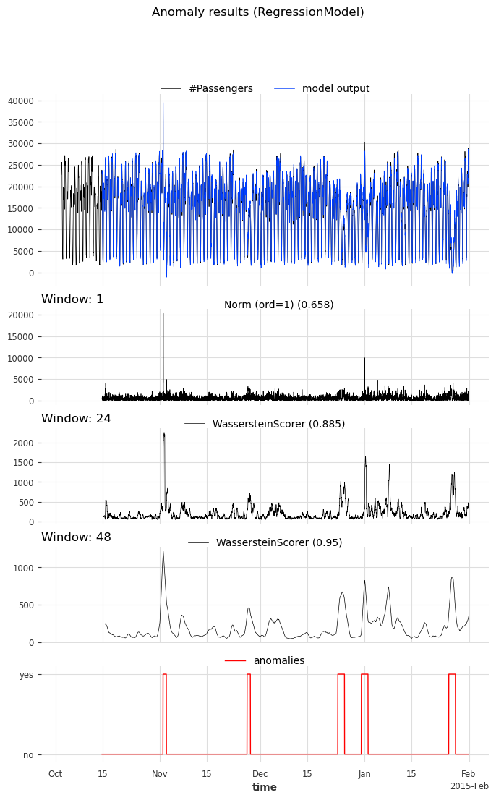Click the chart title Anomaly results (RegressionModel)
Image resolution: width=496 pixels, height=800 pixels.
(257, 12)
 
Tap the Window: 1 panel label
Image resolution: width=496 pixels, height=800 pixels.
(72, 299)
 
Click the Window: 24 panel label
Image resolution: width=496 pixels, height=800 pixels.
(76, 419)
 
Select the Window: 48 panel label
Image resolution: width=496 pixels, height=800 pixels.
(76, 537)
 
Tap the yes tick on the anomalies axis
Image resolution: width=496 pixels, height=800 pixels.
(26, 674)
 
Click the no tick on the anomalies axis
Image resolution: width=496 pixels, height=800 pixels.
(28, 754)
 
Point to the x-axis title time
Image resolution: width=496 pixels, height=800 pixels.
(264, 787)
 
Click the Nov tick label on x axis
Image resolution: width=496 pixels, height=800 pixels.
(160, 774)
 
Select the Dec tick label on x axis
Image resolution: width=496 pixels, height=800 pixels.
(260, 774)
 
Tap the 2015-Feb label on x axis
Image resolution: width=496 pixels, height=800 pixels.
(469, 786)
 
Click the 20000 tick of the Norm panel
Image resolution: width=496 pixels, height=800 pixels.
(30, 315)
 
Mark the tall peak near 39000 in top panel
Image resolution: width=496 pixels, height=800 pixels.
(163, 103)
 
